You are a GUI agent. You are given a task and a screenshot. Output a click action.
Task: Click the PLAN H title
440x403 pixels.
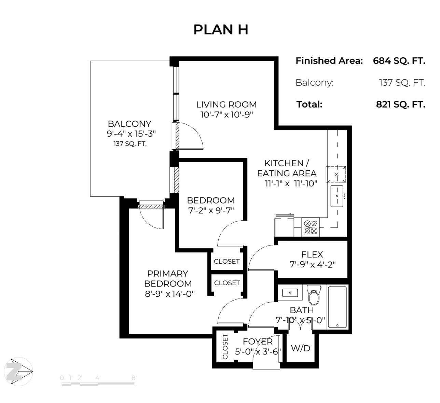pyautogui.click(x=221, y=30)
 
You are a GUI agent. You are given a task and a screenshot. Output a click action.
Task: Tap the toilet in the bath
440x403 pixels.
pyautogui.click(x=314, y=295)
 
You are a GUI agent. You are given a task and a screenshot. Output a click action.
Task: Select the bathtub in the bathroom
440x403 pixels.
pyautogui.click(x=337, y=307)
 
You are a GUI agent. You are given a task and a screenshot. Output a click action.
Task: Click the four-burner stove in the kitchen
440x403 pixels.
pyautogui.click(x=311, y=227)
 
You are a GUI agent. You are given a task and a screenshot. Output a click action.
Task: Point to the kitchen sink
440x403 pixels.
pyautogui.click(x=337, y=196)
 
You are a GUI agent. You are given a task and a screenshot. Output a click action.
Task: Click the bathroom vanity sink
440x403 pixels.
pyautogui.click(x=290, y=293)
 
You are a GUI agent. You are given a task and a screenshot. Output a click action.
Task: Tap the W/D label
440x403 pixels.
pyautogui.click(x=301, y=348)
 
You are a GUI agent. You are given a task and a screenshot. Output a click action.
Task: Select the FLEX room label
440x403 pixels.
pyautogui.click(x=312, y=254)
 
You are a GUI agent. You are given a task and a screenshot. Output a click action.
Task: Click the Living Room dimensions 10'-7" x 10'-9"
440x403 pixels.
pyautogui.click(x=227, y=114)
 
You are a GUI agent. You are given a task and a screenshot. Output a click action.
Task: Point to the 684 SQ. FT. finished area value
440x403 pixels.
pyautogui.click(x=399, y=61)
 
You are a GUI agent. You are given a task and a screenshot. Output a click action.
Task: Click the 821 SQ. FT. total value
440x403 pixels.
pyautogui.click(x=400, y=105)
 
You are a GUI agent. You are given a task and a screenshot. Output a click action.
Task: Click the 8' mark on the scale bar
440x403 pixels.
pyautogui.click(x=134, y=378)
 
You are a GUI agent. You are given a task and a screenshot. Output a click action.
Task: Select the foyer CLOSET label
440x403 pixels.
pyautogui.click(x=225, y=346)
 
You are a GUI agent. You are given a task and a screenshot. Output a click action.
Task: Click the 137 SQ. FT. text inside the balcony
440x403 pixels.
pyautogui.click(x=130, y=144)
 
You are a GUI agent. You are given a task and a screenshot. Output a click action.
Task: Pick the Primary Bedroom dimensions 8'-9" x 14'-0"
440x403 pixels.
pyautogui.click(x=170, y=293)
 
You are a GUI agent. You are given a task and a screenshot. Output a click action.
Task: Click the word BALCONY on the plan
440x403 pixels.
pyautogui.click(x=129, y=124)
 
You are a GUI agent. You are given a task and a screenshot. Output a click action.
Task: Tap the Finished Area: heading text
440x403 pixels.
pyautogui.click(x=329, y=61)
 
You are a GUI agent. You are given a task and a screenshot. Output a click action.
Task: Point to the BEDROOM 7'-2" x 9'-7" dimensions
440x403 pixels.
pyautogui.click(x=211, y=210)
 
